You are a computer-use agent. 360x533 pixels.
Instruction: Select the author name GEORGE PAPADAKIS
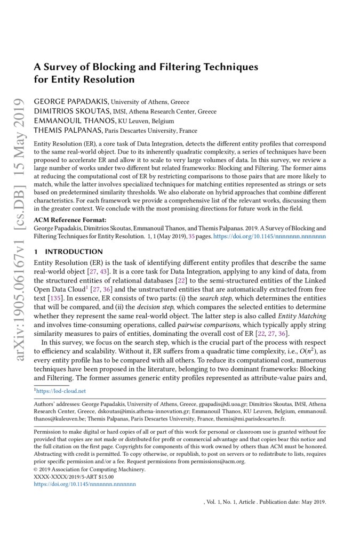[71, 102]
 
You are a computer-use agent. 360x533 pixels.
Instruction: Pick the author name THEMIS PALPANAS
[67, 131]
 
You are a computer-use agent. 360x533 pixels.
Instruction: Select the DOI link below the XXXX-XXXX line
[85, 484]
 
